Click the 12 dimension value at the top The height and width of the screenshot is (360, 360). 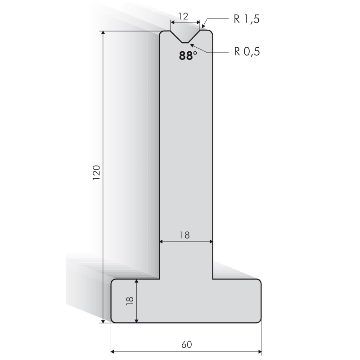click(183, 16)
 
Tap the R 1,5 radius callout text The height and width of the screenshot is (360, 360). click(247, 19)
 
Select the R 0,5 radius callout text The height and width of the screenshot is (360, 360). click(247, 51)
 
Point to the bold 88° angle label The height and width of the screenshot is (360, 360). click(188, 55)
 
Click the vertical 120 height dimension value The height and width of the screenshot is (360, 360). click(96, 172)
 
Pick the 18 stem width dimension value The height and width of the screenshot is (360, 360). click(184, 235)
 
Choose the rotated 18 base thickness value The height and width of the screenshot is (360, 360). click(130, 301)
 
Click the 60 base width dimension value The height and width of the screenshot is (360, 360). click(186, 344)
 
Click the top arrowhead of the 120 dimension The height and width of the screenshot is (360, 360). click(103, 32)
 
